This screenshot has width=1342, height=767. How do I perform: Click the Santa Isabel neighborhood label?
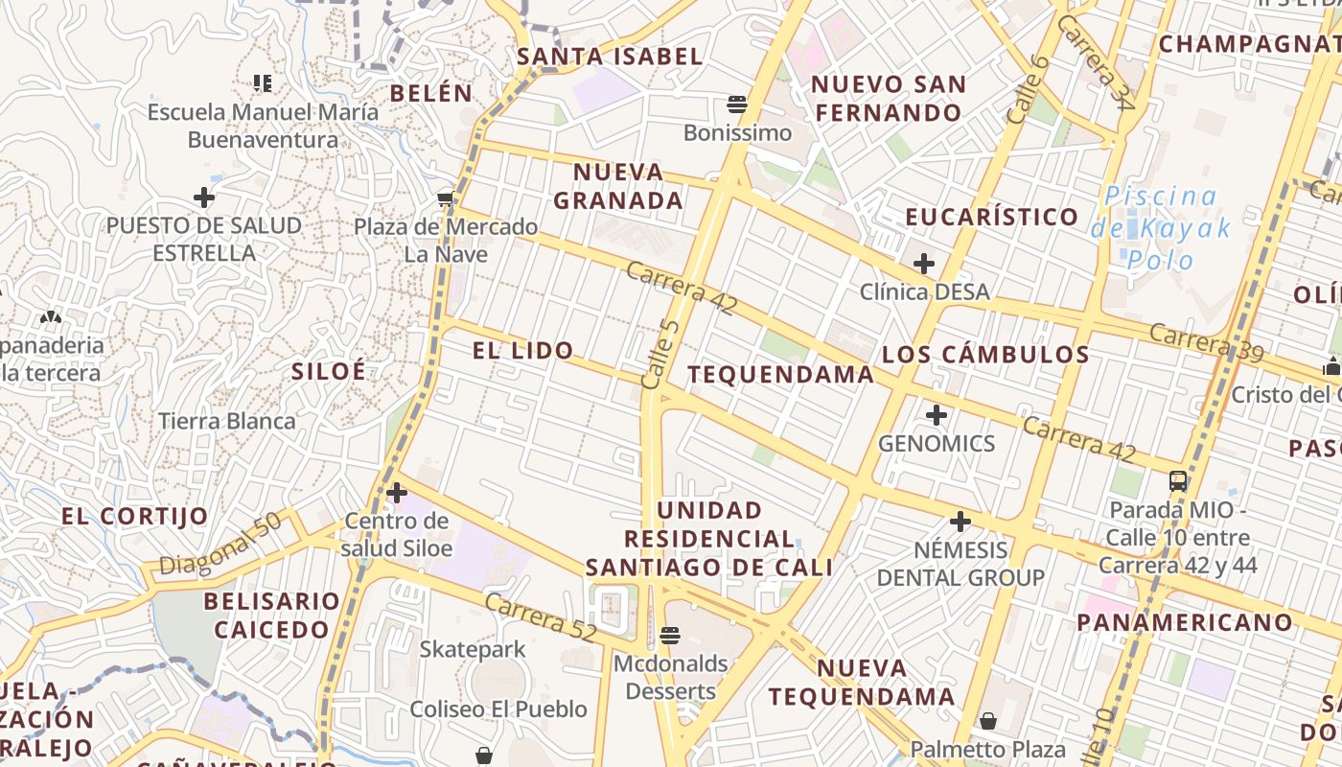click(611, 57)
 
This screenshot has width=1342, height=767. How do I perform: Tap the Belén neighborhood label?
click(431, 93)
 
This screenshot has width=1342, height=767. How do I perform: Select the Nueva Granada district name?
click(618, 186)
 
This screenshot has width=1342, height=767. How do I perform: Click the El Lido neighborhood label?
click(523, 351)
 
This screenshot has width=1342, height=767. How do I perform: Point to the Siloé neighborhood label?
click(328, 371)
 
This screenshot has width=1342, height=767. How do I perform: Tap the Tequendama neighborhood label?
click(781, 374)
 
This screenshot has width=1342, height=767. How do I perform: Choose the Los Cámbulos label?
click(985, 355)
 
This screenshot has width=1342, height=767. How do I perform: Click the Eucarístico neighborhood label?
click(992, 217)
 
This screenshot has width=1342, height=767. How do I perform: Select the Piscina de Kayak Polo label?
click(1161, 228)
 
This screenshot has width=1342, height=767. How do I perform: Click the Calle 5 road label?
click(660, 355)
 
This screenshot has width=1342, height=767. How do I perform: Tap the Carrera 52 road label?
click(541, 618)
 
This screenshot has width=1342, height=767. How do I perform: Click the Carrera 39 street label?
click(1206, 342)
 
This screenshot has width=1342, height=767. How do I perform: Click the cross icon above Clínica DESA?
click(924, 263)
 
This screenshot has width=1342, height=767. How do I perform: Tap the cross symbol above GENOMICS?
click(937, 415)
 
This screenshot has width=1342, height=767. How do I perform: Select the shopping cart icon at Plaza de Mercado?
click(445, 199)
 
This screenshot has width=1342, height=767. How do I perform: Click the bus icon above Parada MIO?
click(1178, 481)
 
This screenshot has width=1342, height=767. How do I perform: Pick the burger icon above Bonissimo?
click(737, 104)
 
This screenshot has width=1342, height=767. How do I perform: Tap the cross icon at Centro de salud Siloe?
click(397, 494)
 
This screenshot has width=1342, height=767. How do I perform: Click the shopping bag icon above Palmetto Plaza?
click(988, 720)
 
